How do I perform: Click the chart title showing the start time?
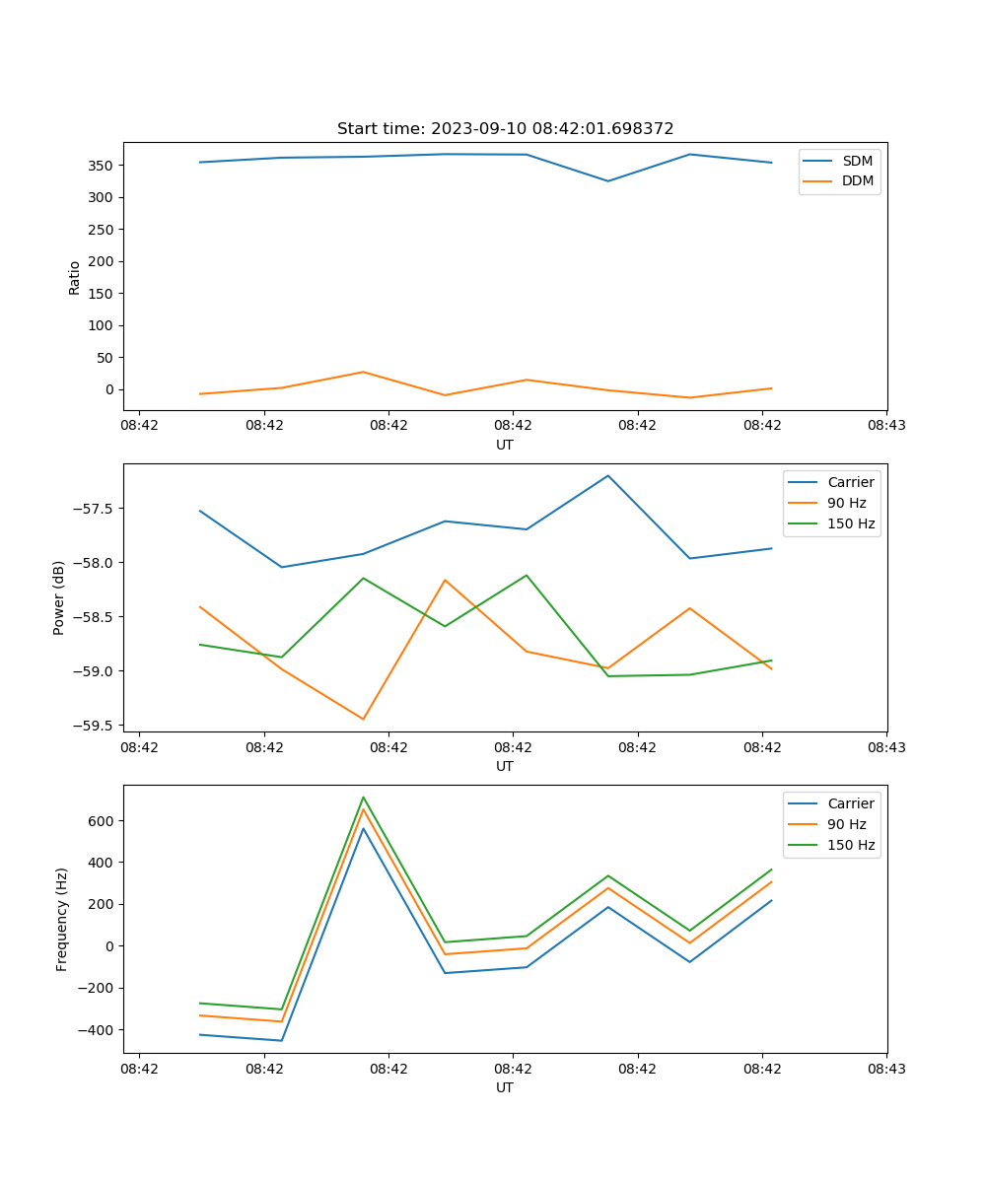(x=505, y=129)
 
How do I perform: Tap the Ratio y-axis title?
(x=75, y=277)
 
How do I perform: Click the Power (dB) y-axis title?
(x=59, y=597)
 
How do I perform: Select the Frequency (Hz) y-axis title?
(x=61, y=919)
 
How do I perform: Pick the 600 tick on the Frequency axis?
(x=103, y=821)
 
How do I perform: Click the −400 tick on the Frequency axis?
(x=99, y=1030)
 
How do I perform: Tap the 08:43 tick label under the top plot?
(x=886, y=426)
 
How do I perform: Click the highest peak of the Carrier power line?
(x=608, y=475)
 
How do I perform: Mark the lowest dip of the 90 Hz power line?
(x=363, y=720)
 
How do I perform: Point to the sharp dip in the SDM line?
(x=608, y=181)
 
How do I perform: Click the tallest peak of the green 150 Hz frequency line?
(x=363, y=797)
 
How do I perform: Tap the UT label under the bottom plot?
(x=505, y=1087)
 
